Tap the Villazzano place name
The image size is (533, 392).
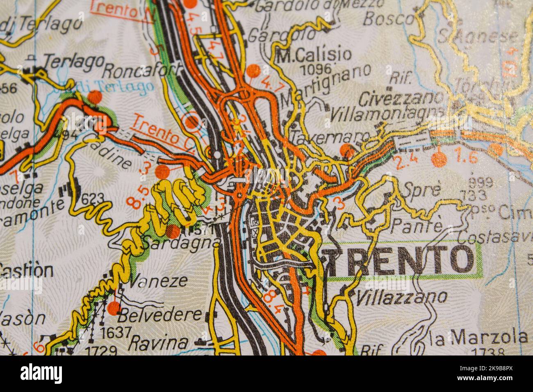coord(401,297)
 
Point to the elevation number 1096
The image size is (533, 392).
coord(315,68)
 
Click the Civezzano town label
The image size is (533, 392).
coord(401,98)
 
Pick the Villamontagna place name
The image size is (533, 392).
coord(387,112)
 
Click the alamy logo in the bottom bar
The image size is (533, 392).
coord(41,374)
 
